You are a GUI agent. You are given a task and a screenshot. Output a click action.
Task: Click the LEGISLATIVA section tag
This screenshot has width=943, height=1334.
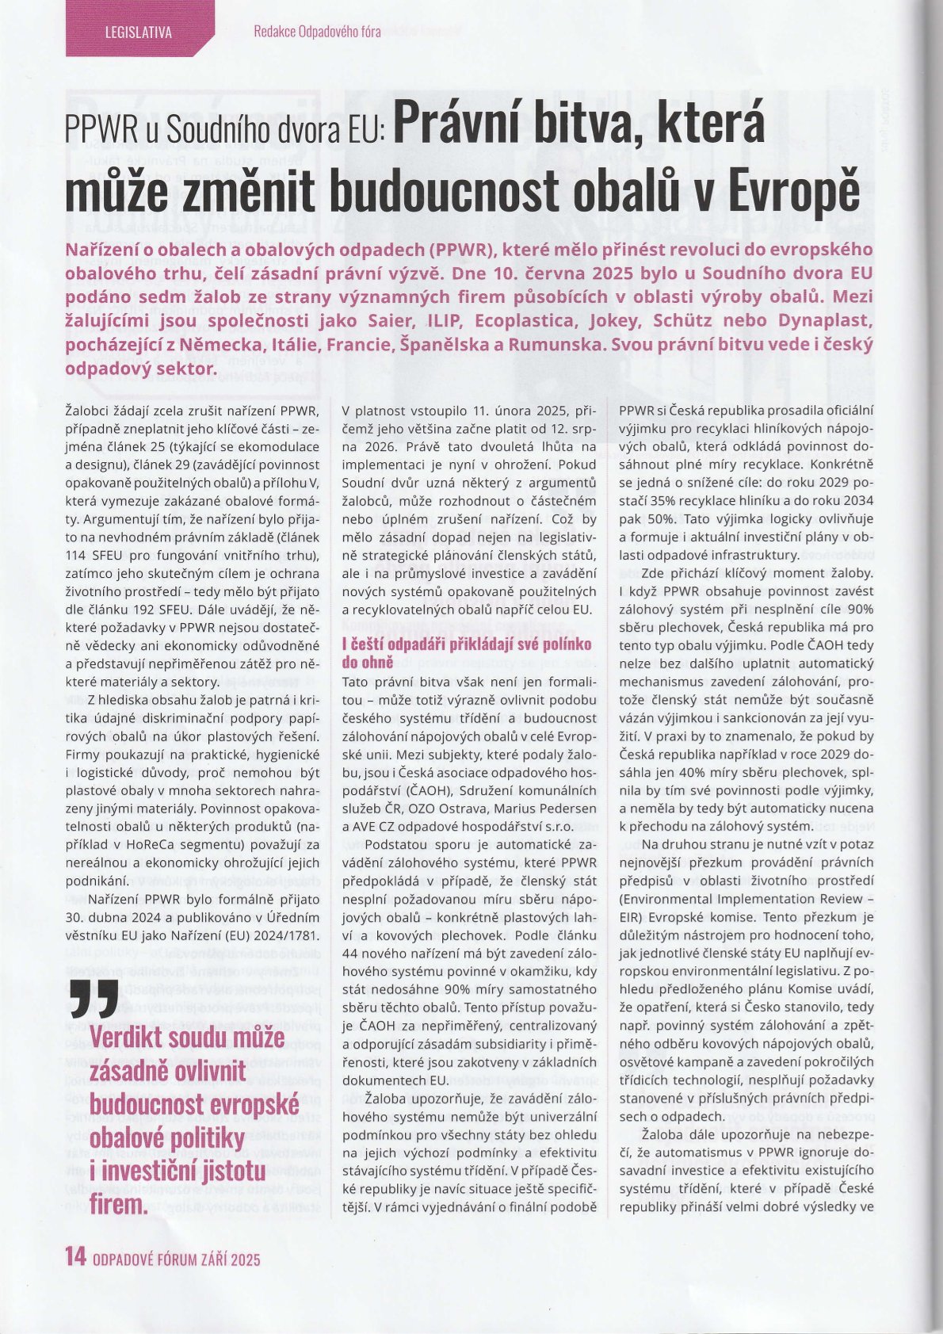click(138, 32)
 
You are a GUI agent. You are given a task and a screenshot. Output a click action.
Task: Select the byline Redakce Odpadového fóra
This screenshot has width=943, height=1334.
click(317, 32)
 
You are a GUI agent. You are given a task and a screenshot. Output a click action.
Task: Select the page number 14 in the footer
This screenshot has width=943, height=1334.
click(75, 1257)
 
